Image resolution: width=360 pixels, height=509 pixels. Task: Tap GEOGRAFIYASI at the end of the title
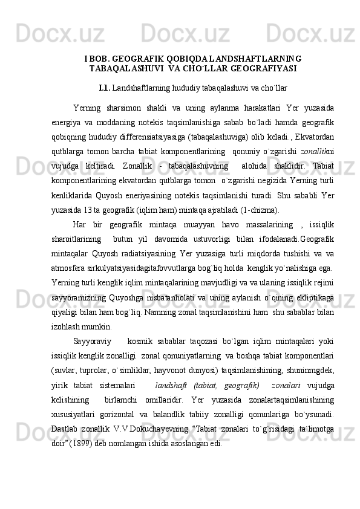pyautogui.click(x=264, y=68)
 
